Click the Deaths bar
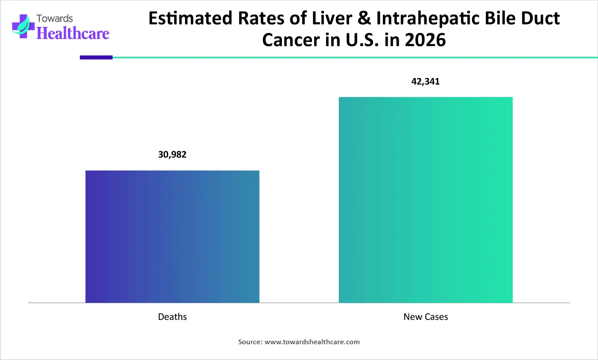(x=172, y=237)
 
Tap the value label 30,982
(x=172, y=155)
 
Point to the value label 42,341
(x=426, y=82)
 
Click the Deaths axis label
(x=172, y=317)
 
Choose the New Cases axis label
(x=426, y=317)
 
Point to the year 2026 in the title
(x=425, y=40)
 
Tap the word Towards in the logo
(x=55, y=18)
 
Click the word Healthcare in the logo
(x=73, y=33)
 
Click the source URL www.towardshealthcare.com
(x=312, y=342)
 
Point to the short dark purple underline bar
(x=96, y=57)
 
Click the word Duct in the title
(x=542, y=19)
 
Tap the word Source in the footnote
(x=250, y=342)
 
